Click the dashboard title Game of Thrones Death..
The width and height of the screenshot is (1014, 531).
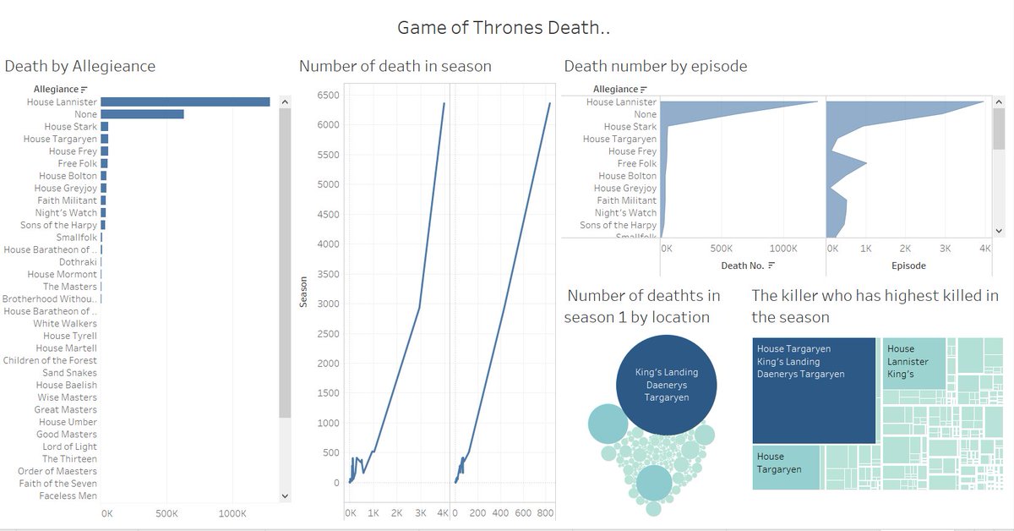pos(504,28)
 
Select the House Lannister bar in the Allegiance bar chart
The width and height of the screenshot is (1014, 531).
pos(185,101)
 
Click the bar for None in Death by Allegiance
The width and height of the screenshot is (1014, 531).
pos(142,114)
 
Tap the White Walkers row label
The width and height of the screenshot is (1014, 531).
pos(65,324)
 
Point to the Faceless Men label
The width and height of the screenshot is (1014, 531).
pos(68,496)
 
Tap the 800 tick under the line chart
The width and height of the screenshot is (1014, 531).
pos(546,513)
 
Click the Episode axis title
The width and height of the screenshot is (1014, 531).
pos(908,265)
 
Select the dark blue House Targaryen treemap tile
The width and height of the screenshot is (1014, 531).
pos(813,391)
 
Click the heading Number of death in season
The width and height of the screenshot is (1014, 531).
pos(395,66)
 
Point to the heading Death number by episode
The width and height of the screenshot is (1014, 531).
pos(655,66)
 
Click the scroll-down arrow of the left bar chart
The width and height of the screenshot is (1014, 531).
pos(284,496)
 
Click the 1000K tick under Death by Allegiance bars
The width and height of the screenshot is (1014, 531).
pos(232,513)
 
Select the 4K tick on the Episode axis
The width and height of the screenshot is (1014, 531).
pos(984,249)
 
